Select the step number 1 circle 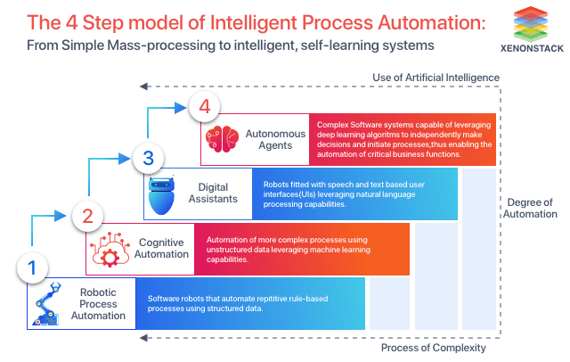[x=32, y=267]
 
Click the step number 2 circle [x=87, y=215]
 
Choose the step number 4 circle [x=204, y=108]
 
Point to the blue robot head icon [x=163, y=194]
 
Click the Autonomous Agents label [x=275, y=140]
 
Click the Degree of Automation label [x=530, y=208]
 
